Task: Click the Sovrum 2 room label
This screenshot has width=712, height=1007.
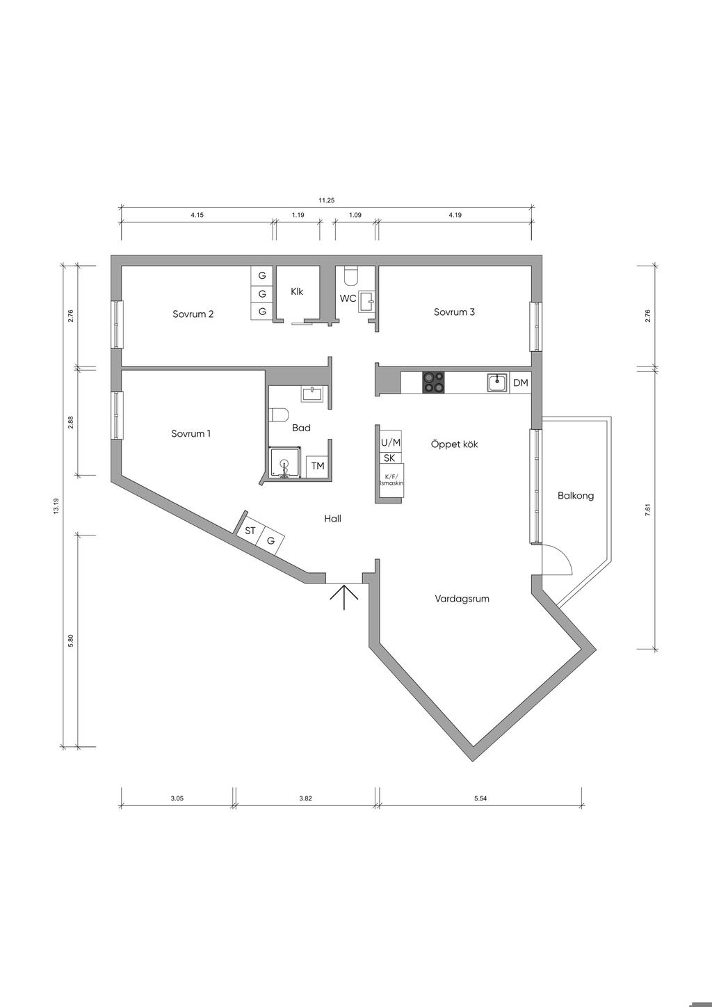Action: point(193,314)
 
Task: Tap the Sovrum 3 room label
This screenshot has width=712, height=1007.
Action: point(454,312)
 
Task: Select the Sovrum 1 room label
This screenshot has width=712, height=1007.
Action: point(191,433)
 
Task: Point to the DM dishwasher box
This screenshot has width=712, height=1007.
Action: point(521,383)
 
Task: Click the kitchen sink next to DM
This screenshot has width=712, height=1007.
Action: point(497,383)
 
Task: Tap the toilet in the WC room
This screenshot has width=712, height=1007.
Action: point(350,275)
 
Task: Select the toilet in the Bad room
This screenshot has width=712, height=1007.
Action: point(279,415)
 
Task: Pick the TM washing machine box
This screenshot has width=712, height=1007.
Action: point(318,467)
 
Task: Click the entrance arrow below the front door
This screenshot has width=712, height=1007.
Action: point(344,597)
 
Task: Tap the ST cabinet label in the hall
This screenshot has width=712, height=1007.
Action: point(250,531)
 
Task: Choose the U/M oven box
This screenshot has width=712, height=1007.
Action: point(391,443)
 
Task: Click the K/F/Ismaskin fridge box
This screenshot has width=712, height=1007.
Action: point(391,480)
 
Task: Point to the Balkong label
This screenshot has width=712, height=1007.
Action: point(576,495)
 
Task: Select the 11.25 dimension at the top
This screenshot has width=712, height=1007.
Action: point(327,200)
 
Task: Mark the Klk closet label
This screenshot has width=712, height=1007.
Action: point(297,291)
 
